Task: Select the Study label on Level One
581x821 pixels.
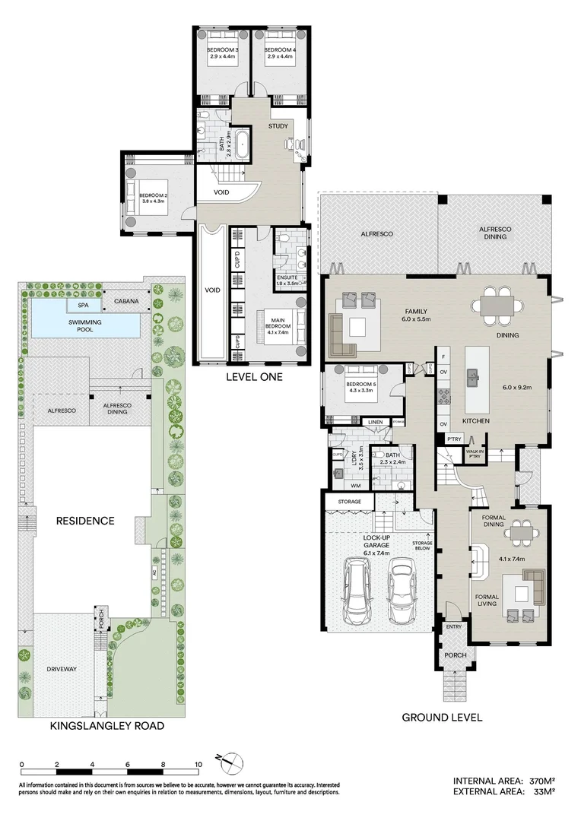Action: [278, 126]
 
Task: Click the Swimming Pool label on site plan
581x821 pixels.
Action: [85, 322]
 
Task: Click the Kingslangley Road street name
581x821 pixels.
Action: [106, 726]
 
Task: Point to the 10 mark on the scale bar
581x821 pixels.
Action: [198, 764]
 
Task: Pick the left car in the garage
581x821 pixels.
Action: [356, 592]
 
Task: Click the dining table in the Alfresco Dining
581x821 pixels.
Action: [498, 306]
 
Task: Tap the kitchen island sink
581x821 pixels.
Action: [473, 375]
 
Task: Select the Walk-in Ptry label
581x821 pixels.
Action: [474, 452]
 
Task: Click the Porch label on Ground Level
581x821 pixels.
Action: [455, 655]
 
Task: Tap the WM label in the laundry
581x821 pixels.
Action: [355, 485]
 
